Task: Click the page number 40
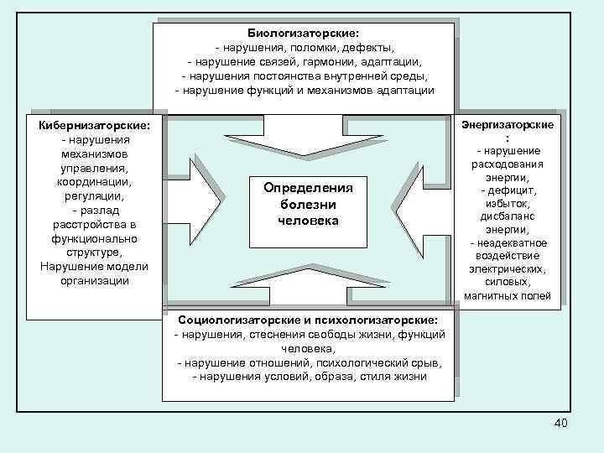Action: click(561, 423)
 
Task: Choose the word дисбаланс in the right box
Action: click(507, 216)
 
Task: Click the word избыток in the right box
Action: click(507, 204)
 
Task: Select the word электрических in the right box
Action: click(508, 269)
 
